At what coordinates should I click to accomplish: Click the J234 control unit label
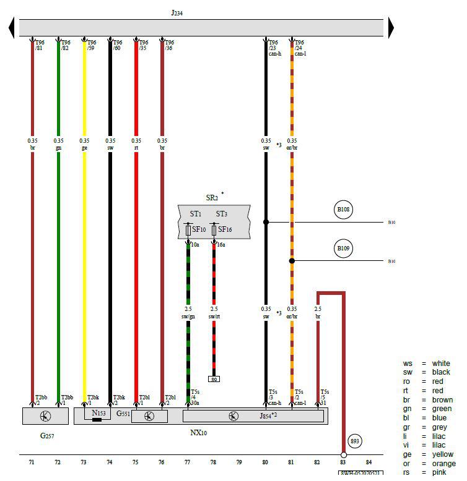point(177,12)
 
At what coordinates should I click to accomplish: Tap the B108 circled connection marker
point(344,210)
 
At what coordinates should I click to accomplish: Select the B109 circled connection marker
point(344,249)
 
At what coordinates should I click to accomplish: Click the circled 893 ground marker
point(355,441)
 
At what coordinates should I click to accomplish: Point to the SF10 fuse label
point(199,229)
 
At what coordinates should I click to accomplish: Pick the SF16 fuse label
point(224,229)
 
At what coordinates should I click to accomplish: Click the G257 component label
point(48,436)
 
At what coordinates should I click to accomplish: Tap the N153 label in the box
point(98,412)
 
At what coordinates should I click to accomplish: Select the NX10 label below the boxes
point(198,433)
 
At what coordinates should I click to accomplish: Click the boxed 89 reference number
point(214,379)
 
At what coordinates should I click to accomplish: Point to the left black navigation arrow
point(12,27)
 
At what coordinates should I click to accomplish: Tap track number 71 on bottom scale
point(32,462)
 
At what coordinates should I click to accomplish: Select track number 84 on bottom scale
point(369,462)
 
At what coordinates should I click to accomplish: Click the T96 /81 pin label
point(39,45)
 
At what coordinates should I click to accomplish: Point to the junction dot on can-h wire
point(266,222)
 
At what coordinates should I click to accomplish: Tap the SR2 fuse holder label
point(212,197)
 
